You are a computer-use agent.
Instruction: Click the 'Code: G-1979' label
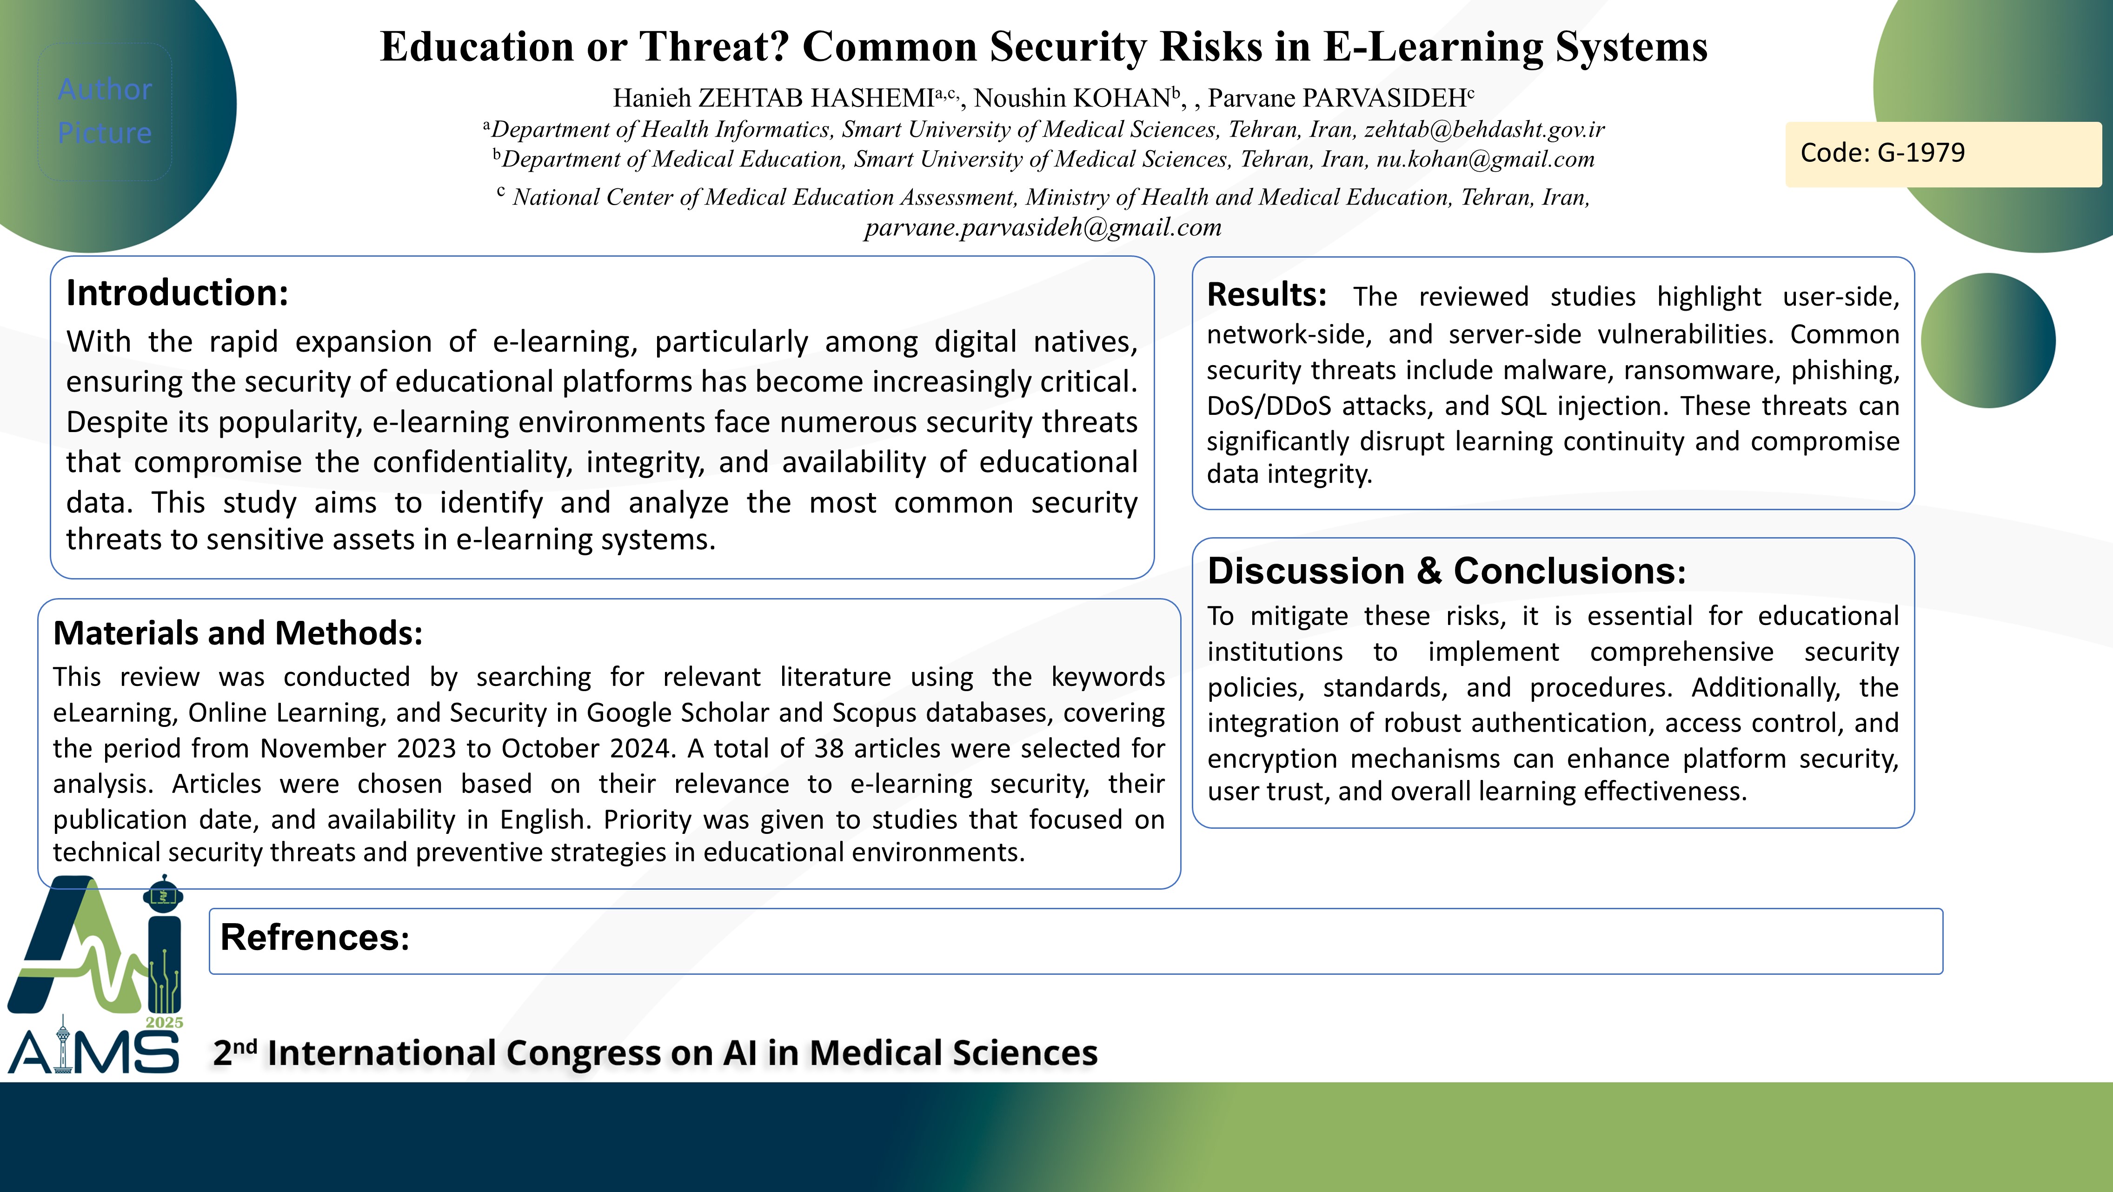click(1882, 153)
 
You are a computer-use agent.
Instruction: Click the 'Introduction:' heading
click(177, 293)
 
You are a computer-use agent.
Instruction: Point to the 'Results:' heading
click(1267, 294)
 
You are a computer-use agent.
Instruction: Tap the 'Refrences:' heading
click(314, 937)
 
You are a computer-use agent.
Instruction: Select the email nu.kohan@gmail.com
click(1486, 159)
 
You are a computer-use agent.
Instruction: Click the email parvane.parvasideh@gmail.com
click(1043, 227)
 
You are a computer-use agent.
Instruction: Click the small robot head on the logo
click(163, 894)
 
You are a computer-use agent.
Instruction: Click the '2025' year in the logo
click(164, 1022)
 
